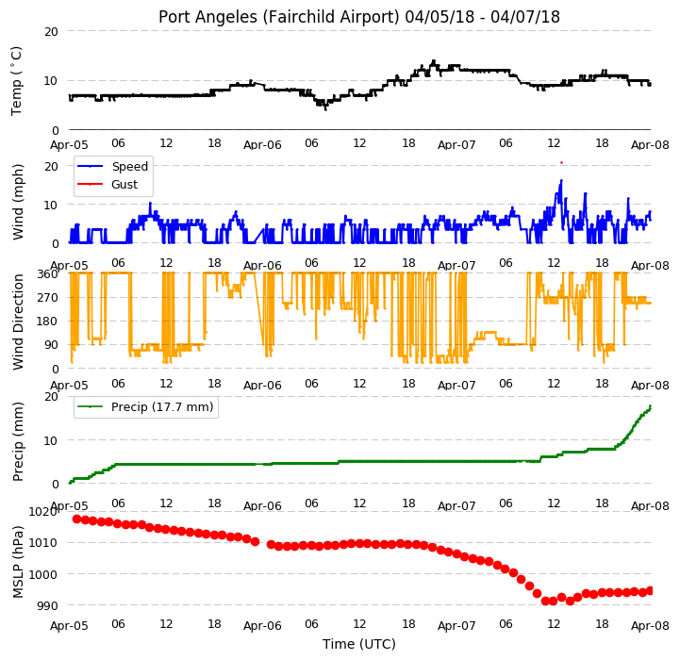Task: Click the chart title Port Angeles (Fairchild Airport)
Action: pyautogui.click(x=278, y=17)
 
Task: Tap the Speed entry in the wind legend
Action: pyautogui.click(x=129, y=167)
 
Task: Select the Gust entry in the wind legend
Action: pyautogui.click(x=124, y=184)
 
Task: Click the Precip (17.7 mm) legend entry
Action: pyautogui.click(x=162, y=407)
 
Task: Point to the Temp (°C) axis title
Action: pyautogui.click(x=16, y=81)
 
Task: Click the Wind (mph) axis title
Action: pyautogui.click(x=17, y=202)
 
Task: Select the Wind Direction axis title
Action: pyautogui.click(x=18, y=322)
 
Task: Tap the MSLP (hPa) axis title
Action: pyautogui.click(x=17, y=562)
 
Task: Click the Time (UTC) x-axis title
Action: pyautogui.click(x=359, y=644)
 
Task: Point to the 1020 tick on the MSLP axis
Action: pyautogui.click(x=43, y=512)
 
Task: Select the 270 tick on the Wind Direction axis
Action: pyautogui.click(x=49, y=298)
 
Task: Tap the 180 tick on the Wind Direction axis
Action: pyautogui.click(x=49, y=322)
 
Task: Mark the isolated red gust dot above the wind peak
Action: pyautogui.click(x=561, y=162)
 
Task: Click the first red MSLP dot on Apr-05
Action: pyautogui.click(x=76, y=520)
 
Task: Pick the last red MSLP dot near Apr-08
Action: pyautogui.click(x=650, y=590)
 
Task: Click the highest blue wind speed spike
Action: pyautogui.click(x=561, y=180)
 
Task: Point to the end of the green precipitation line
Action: pyautogui.click(x=651, y=405)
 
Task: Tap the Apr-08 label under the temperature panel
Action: pyautogui.click(x=650, y=145)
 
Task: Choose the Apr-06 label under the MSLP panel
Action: pyautogui.click(x=262, y=626)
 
